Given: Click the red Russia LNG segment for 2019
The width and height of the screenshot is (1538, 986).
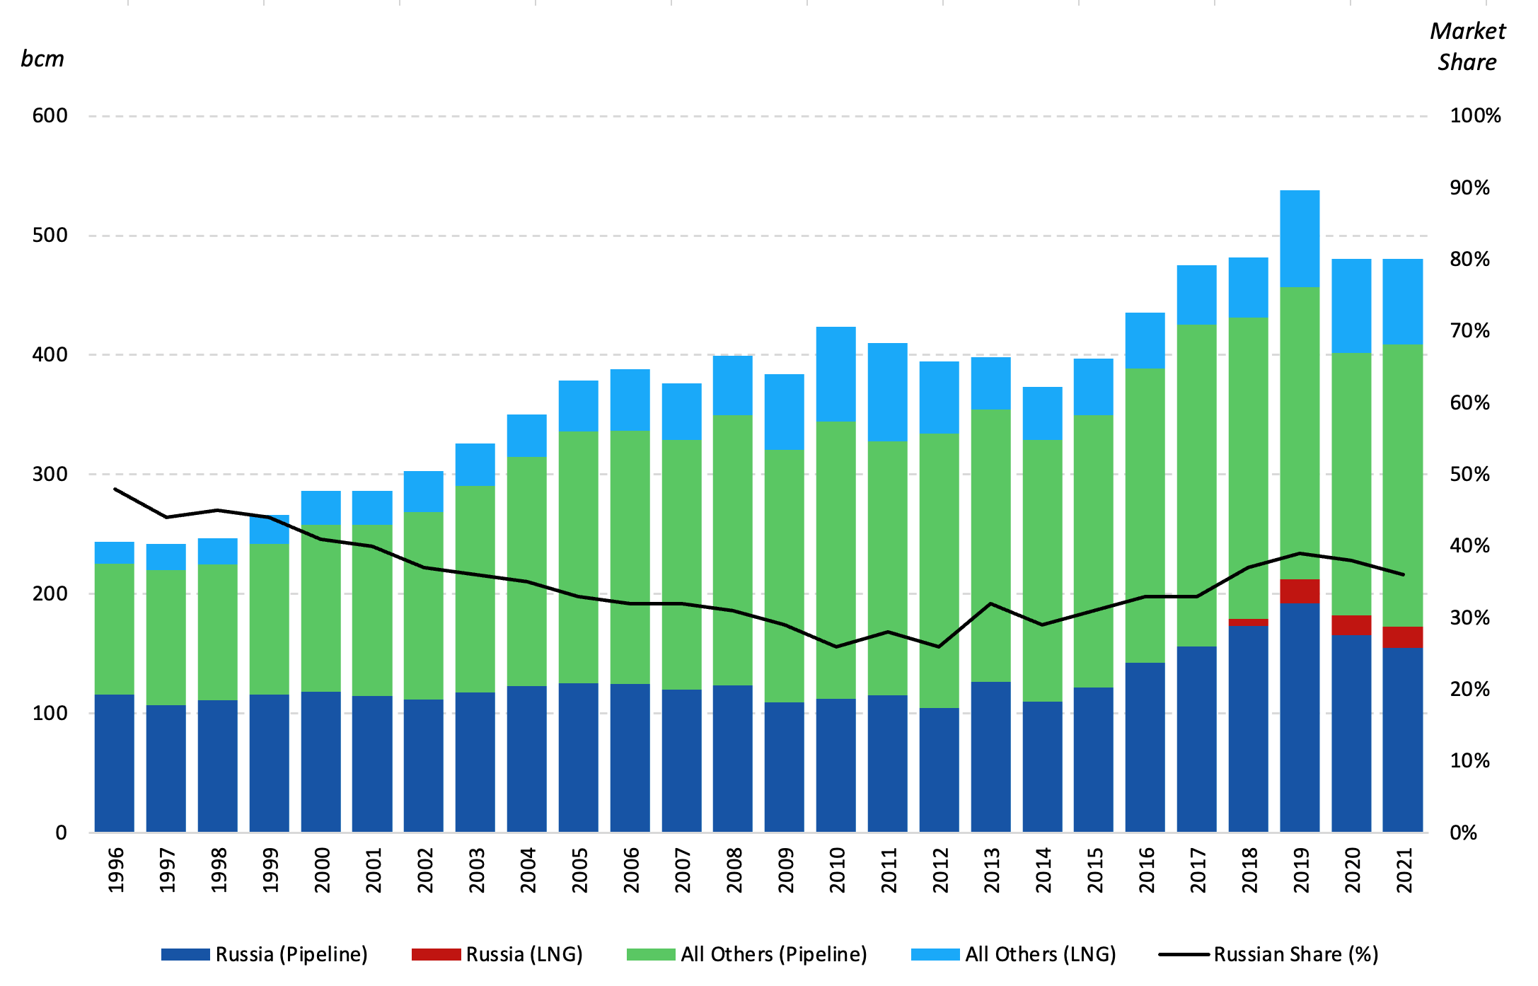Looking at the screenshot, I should click(x=1300, y=591).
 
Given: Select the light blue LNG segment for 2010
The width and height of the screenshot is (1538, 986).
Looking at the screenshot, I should click(x=836, y=373).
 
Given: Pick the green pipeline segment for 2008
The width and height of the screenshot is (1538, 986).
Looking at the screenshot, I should click(x=732, y=550).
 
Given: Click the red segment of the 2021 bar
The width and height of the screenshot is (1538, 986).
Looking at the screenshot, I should click(x=1402, y=637).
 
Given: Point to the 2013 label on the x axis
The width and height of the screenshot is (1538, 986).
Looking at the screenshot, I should click(x=991, y=871).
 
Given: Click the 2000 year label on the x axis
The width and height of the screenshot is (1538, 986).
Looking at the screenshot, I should click(x=321, y=871).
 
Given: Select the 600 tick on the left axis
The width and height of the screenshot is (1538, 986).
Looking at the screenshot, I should click(x=50, y=116).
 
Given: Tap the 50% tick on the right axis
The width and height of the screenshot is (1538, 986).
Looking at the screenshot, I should click(x=1469, y=474).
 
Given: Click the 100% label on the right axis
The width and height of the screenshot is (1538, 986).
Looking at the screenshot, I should click(x=1475, y=116).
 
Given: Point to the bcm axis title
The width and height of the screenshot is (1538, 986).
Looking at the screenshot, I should click(x=42, y=59).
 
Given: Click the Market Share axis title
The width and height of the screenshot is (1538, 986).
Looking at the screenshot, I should click(x=1467, y=47).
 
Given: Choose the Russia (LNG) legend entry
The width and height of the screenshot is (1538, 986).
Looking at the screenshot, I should click(x=497, y=954).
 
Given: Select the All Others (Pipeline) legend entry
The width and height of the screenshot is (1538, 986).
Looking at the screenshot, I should click(x=747, y=954).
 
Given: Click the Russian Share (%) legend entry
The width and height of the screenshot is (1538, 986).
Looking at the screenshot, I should click(x=1268, y=954).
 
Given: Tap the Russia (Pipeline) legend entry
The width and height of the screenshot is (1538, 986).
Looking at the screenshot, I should click(x=265, y=954).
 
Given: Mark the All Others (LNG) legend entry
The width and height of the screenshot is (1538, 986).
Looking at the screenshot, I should click(x=1014, y=954).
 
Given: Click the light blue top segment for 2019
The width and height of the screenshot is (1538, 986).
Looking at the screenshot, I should click(x=1300, y=238).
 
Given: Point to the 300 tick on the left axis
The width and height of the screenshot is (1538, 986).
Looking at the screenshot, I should click(x=50, y=474).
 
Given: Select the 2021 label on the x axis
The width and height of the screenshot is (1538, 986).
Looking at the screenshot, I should click(x=1404, y=871).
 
